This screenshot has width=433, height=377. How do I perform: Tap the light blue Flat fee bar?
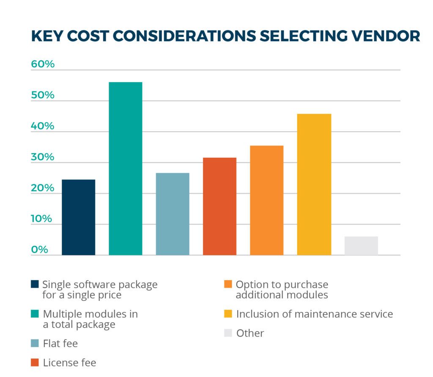(x=173, y=214)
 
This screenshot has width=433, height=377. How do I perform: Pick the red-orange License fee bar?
(x=219, y=206)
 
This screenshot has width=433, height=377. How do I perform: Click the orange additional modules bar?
(x=266, y=200)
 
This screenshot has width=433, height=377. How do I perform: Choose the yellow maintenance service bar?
(x=314, y=184)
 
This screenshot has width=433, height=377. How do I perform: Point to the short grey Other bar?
(x=361, y=245)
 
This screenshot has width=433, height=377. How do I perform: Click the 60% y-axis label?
(x=43, y=64)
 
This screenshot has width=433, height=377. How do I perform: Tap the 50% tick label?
(x=43, y=95)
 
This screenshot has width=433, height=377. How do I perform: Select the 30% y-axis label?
(x=43, y=157)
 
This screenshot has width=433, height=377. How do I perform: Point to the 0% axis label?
(x=39, y=250)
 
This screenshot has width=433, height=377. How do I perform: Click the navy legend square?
(x=35, y=283)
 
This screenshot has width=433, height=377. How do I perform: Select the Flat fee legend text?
(x=60, y=343)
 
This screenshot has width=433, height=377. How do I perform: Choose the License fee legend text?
(x=69, y=363)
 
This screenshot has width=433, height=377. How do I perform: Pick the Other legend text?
(x=250, y=333)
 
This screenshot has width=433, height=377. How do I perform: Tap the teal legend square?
(x=35, y=314)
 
